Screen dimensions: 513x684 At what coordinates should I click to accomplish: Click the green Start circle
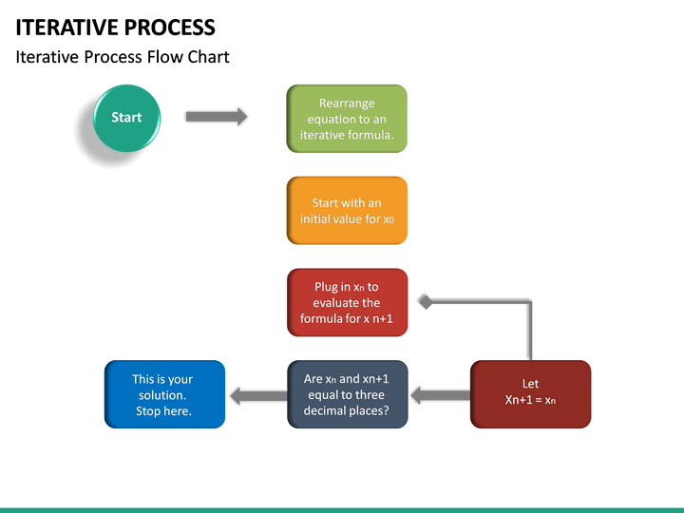click(x=126, y=118)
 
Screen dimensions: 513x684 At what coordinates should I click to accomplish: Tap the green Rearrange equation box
click(x=347, y=119)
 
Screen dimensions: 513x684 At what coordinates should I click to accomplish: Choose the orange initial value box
click(x=347, y=210)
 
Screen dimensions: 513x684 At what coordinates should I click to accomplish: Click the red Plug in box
click(x=347, y=302)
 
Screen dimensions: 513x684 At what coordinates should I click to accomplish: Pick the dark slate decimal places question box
click(x=347, y=394)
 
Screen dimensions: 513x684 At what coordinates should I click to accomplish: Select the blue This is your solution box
click(x=163, y=394)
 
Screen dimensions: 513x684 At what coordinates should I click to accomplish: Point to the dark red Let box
click(x=530, y=393)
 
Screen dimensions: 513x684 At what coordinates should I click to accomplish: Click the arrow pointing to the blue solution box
click(x=256, y=395)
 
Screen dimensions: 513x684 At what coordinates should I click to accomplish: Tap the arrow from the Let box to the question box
click(x=439, y=394)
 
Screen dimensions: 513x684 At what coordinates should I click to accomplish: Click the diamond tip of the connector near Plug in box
click(x=427, y=302)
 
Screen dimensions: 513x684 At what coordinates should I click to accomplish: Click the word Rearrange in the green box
click(x=347, y=104)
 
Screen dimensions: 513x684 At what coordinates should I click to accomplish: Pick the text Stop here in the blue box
click(x=162, y=411)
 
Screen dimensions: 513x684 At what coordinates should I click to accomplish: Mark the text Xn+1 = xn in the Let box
click(x=530, y=400)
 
